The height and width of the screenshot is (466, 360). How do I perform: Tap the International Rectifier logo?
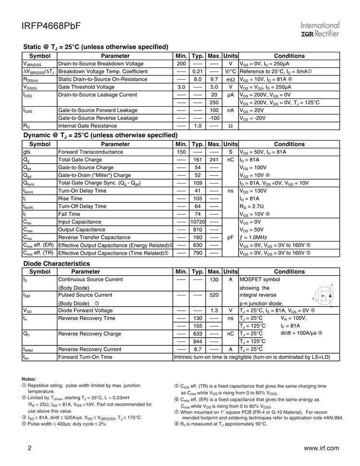click(320, 29)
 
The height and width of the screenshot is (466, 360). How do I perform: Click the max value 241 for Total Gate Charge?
click(214, 159)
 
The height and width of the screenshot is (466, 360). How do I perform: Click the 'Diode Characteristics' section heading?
click(57, 263)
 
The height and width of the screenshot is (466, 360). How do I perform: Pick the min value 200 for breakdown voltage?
click(181, 63)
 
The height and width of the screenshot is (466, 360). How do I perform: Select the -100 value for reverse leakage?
click(214, 118)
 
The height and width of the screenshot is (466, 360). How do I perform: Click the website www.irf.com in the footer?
click(322, 448)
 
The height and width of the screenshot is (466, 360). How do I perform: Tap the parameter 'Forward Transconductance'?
click(90, 152)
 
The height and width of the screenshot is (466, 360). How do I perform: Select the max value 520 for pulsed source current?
click(214, 295)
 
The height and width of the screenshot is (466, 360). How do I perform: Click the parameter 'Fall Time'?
click(69, 214)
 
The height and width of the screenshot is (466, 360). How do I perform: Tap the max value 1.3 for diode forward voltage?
click(214, 310)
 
